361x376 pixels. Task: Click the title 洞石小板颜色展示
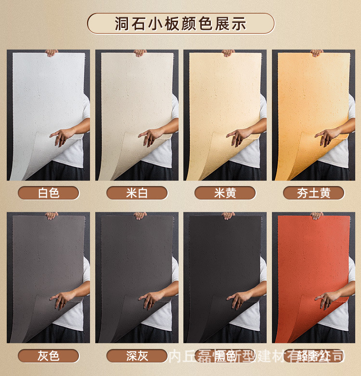pyautogui.click(x=180, y=24)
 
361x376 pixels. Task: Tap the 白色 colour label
pyautogui.click(x=49, y=193)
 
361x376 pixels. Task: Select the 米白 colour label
pyautogui.click(x=137, y=193)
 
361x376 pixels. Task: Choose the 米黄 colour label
pyautogui.click(x=225, y=193)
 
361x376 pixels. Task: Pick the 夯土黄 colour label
pyautogui.click(x=313, y=193)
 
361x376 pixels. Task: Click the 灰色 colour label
pyautogui.click(x=49, y=356)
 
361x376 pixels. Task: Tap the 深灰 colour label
pyautogui.click(x=137, y=356)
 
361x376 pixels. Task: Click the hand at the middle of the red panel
pyautogui.click(x=328, y=299)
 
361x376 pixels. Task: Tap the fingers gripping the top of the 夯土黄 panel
pyautogui.click(x=316, y=53)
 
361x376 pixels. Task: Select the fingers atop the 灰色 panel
pyautogui.click(x=52, y=215)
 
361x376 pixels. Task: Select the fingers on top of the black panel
pyautogui.click(x=228, y=215)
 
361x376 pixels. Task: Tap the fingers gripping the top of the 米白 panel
pyautogui.click(x=140, y=53)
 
